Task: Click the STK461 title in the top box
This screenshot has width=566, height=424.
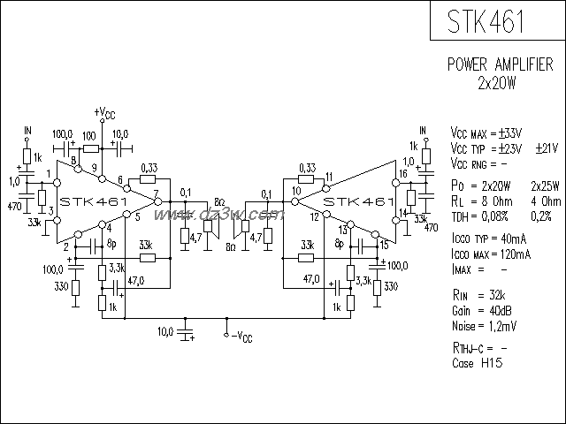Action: [x=486, y=21]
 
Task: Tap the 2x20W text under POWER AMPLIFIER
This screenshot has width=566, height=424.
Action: [x=497, y=84]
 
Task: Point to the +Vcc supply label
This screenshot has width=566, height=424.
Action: [x=103, y=113]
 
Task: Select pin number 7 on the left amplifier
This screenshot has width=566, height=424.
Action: [x=156, y=193]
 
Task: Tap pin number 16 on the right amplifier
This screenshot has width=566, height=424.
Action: [x=403, y=174]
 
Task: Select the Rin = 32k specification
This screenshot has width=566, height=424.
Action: [x=478, y=299]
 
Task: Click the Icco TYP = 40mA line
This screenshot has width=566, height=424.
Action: [x=490, y=238]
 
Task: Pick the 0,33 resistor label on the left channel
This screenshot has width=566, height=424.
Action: [x=149, y=167]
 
